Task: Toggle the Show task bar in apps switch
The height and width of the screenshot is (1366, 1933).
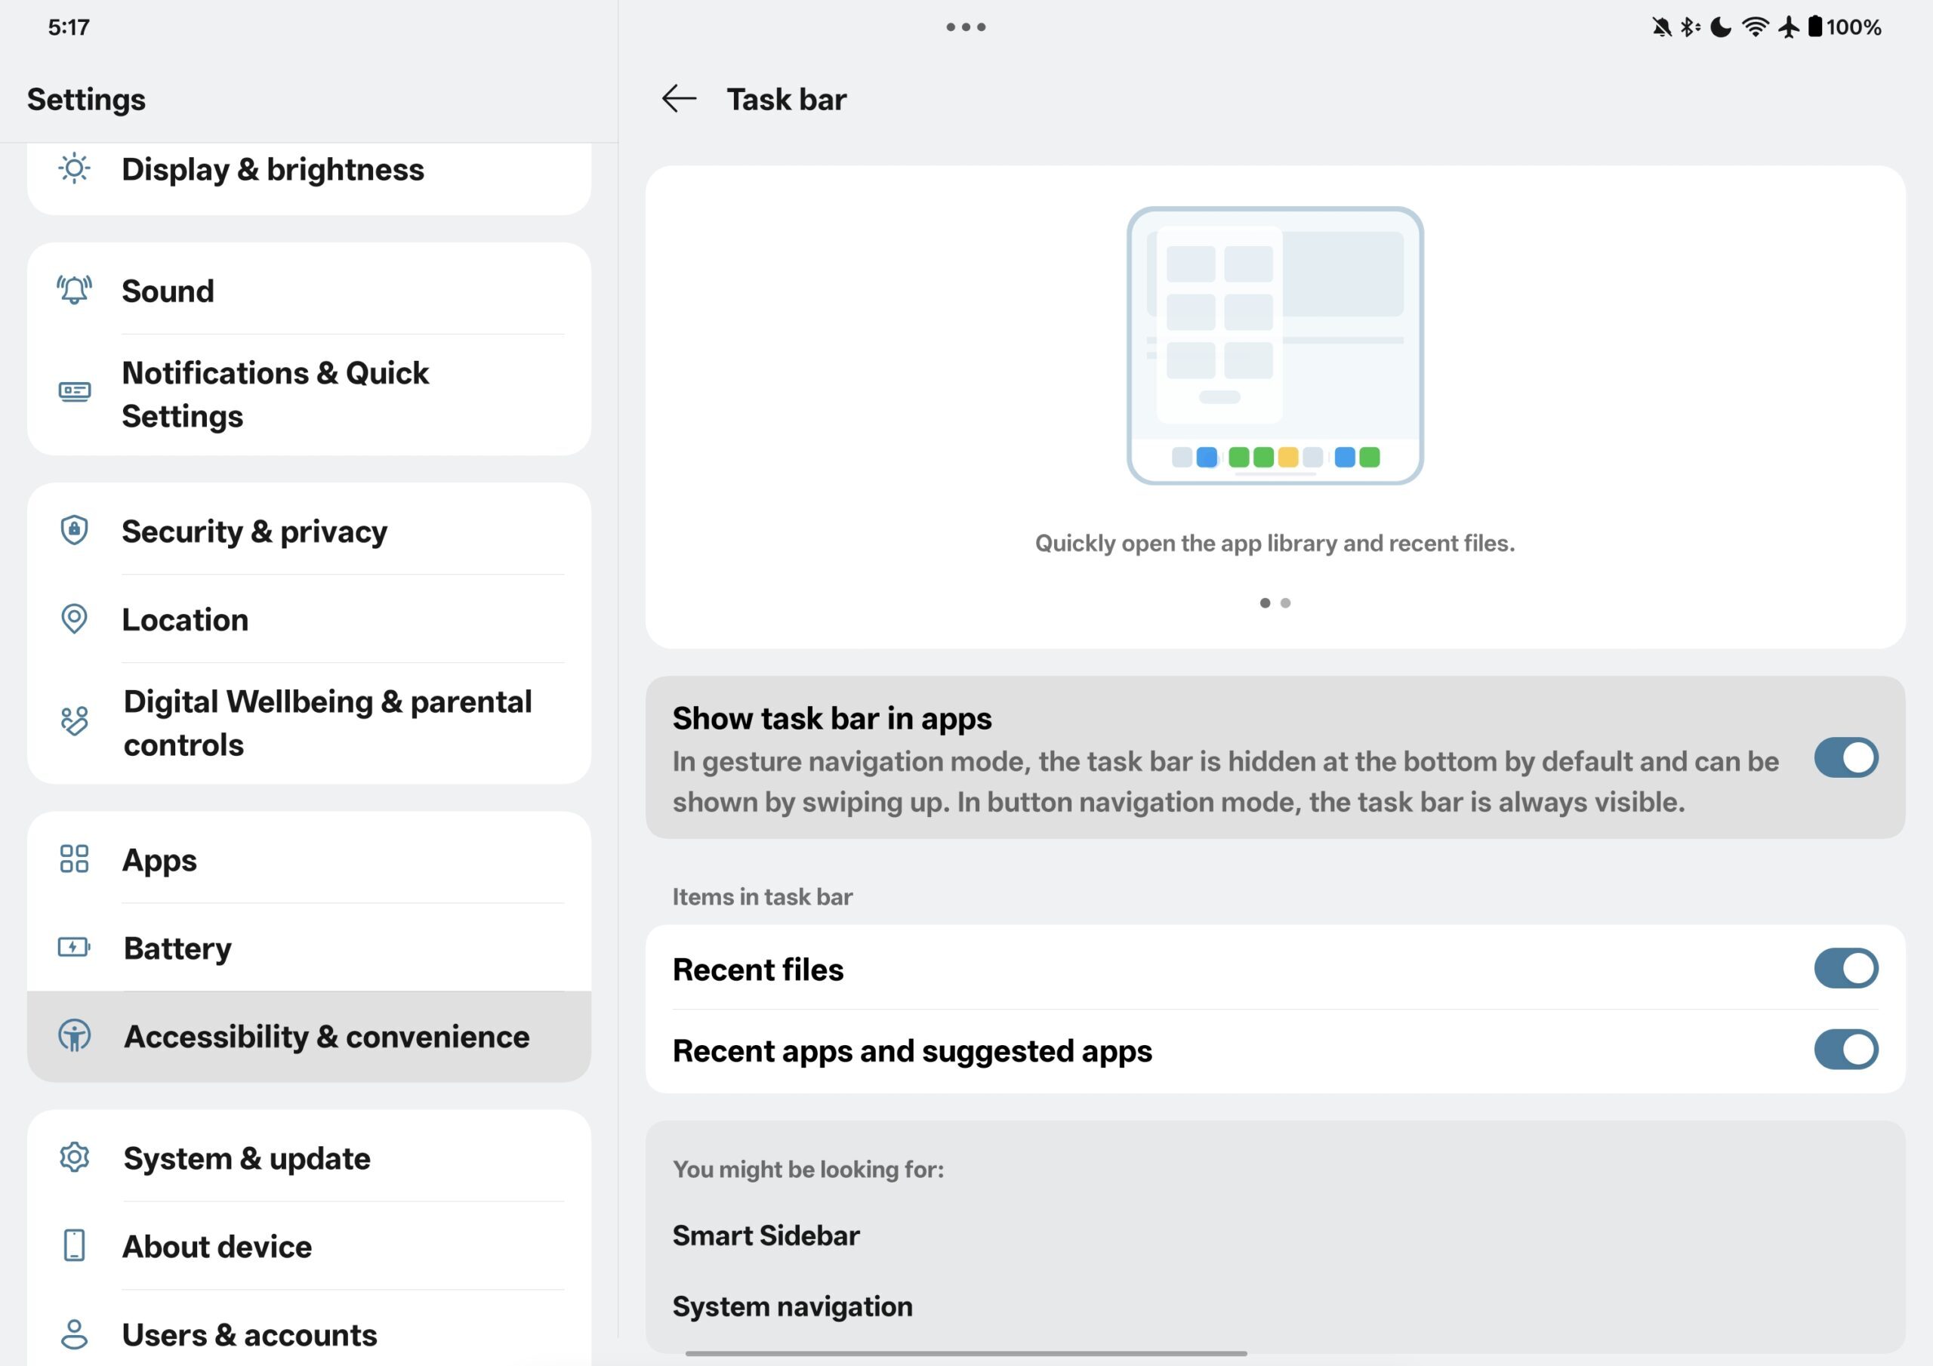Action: (x=1845, y=757)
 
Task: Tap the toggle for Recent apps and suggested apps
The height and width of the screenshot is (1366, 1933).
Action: (x=1845, y=1050)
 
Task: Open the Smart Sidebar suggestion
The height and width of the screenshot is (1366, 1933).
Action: (x=766, y=1235)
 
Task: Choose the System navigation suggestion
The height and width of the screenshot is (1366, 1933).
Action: (x=792, y=1306)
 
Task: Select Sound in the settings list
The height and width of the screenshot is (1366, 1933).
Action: (x=168, y=291)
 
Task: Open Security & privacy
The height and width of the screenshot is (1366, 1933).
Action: (x=254, y=532)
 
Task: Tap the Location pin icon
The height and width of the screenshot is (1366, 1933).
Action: (x=74, y=619)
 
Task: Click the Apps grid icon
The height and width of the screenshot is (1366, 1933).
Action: (x=74, y=859)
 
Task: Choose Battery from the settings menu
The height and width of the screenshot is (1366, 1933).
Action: (x=177, y=948)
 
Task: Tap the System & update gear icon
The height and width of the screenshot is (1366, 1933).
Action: (x=74, y=1157)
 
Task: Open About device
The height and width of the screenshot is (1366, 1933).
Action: (x=217, y=1247)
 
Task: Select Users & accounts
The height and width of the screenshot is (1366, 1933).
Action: (x=249, y=1335)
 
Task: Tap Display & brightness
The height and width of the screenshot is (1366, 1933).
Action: (x=273, y=169)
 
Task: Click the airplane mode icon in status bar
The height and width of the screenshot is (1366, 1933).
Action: (x=1789, y=27)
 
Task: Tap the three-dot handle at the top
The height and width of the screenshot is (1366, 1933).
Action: (x=966, y=27)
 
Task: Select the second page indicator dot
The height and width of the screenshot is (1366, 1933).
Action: (x=1284, y=603)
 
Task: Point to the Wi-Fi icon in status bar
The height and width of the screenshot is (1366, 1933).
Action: (x=1755, y=27)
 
